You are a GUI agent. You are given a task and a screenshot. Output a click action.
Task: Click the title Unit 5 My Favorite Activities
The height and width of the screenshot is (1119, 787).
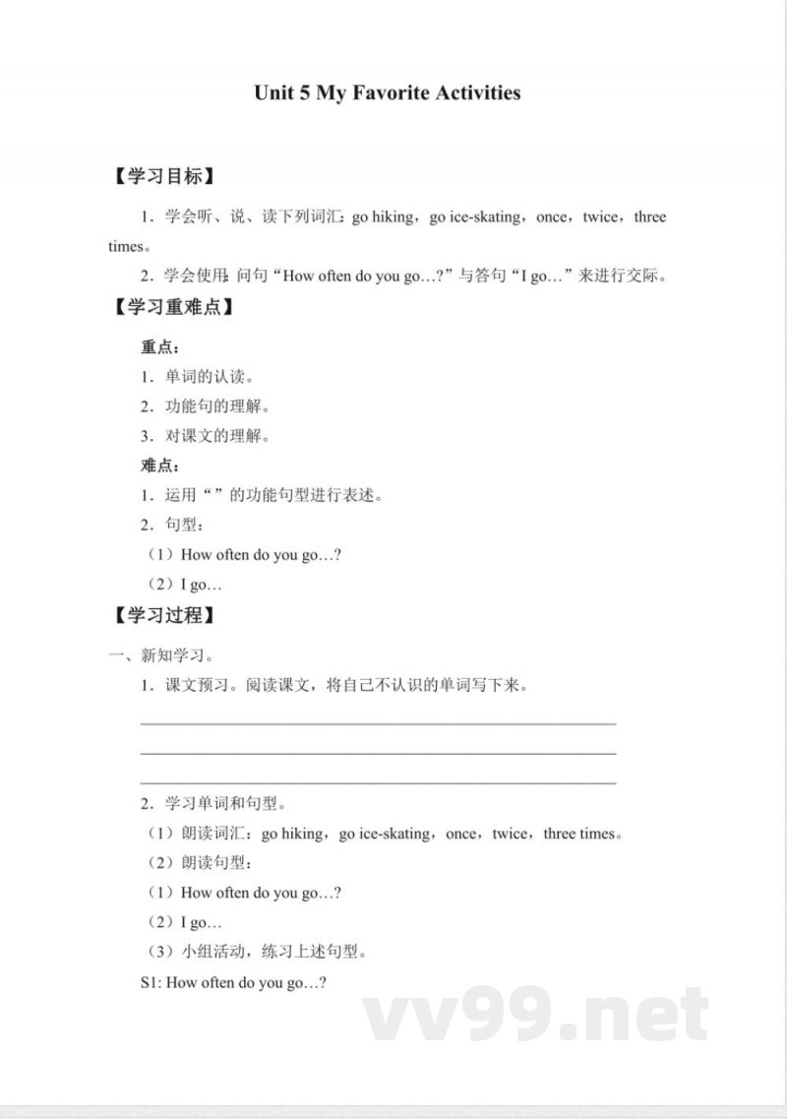387,93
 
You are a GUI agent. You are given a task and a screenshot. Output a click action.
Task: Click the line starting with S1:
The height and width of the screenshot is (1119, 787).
234,982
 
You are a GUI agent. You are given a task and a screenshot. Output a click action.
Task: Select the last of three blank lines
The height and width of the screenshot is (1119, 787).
379,783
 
